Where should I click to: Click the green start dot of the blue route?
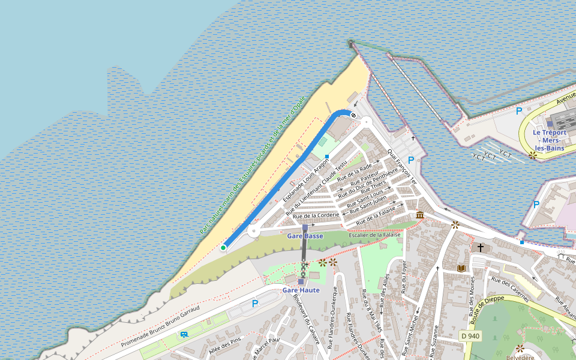[x=223, y=247]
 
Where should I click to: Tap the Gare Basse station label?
[x=305, y=236]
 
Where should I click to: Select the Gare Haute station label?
[x=301, y=290]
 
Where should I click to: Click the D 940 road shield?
[x=470, y=336]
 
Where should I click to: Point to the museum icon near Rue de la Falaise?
[x=419, y=215]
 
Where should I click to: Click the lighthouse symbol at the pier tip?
[x=351, y=43]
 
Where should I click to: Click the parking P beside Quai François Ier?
[x=411, y=160]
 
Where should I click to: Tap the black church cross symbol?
[x=480, y=247]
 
